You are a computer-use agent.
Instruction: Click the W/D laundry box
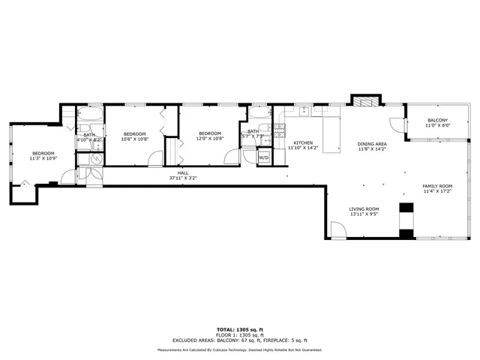(x=264, y=158)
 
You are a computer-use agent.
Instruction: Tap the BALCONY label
(x=438, y=120)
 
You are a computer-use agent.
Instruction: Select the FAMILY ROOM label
(x=437, y=185)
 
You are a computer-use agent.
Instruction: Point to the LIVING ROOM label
(x=364, y=209)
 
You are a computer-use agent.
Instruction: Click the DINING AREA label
(x=372, y=144)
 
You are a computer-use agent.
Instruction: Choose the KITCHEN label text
(x=303, y=142)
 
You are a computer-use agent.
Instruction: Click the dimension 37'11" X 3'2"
(x=183, y=178)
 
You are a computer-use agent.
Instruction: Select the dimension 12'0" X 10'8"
(x=210, y=139)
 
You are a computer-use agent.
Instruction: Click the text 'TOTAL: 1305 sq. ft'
(x=239, y=329)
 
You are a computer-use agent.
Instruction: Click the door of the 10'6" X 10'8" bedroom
(x=154, y=158)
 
